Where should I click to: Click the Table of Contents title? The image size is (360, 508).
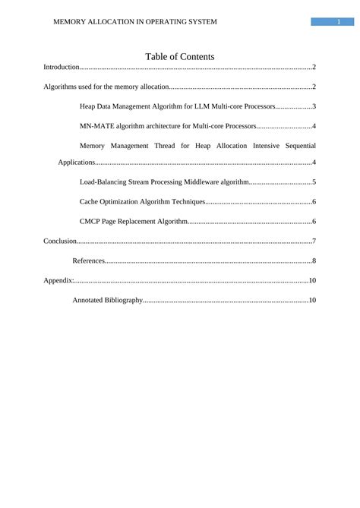(x=179, y=57)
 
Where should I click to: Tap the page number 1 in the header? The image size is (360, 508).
(x=338, y=22)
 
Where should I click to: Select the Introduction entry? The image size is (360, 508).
(x=62, y=68)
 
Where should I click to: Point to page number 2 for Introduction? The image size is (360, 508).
(x=314, y=68)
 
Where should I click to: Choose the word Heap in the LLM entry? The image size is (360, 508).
(x=88, y=106)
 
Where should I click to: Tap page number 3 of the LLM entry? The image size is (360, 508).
(x=314, y=106)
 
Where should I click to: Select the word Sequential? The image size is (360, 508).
(x=294, y=144)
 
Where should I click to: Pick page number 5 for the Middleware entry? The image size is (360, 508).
(x=314, y=183)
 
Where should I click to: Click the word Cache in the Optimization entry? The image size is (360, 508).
(x=89, y=202)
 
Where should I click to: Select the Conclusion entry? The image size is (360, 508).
(x=60, y=241)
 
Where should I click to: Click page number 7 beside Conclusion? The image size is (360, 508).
(x=314, y=241)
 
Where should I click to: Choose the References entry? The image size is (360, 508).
(x=88, y=261)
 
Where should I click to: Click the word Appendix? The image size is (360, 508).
(x=58, y=281)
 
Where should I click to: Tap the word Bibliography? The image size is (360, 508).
(x=123, y=301)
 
